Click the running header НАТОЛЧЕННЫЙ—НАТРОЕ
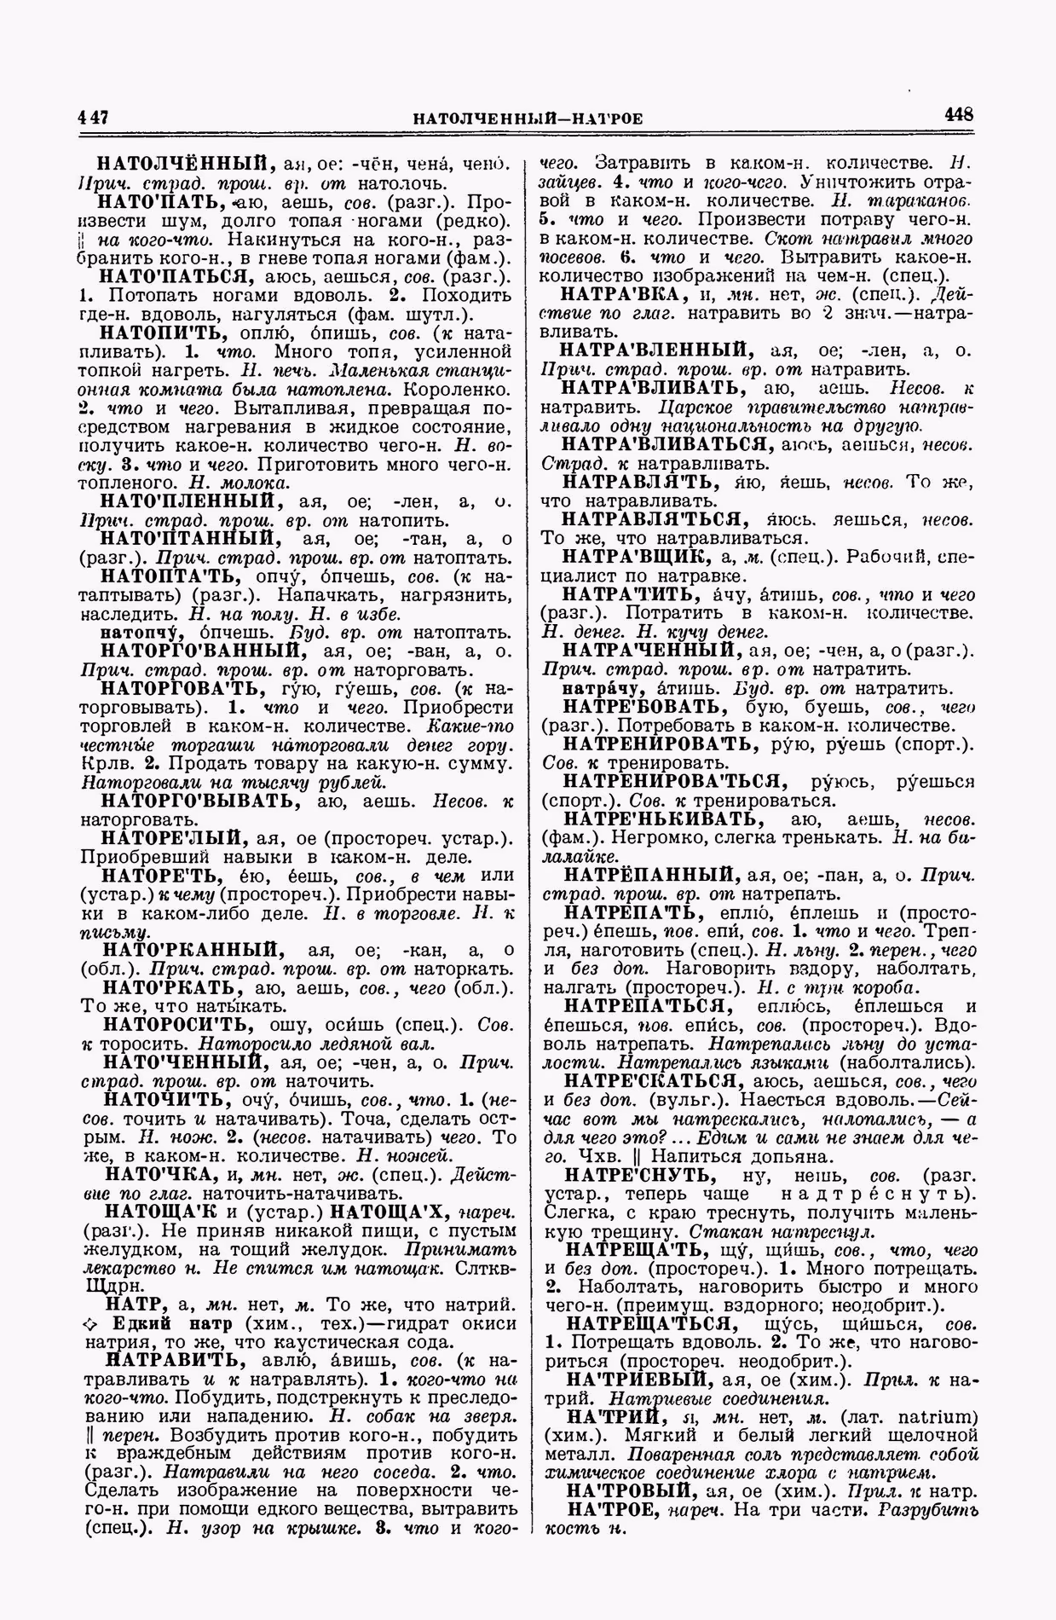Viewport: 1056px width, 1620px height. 528,118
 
